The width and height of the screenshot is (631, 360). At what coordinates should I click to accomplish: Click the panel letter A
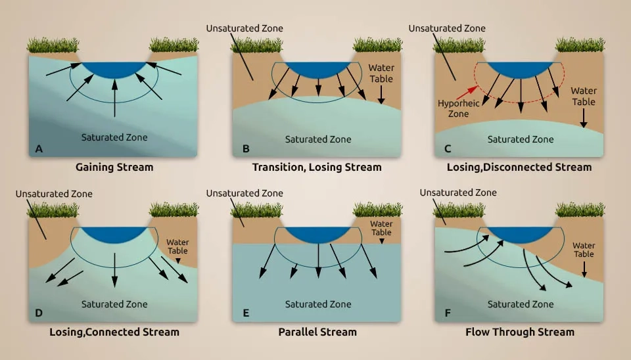(x=39, y=149)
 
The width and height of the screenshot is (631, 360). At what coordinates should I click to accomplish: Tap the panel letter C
(x=448, y=149)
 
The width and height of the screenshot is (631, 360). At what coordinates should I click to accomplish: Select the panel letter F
(x=448, y=313)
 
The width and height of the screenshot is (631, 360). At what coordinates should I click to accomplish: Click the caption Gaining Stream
(x=114, y=168)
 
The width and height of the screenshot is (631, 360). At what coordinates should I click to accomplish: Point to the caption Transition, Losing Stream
(x=317, y=168)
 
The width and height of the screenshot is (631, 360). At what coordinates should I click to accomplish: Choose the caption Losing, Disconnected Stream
(x=519, y=168)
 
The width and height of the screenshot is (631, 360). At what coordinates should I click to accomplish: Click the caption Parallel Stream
(x=317, y=332)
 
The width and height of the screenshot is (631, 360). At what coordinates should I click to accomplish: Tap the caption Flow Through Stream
(x=520, y=332)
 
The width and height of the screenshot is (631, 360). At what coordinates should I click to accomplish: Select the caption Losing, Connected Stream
(x=114, y=332)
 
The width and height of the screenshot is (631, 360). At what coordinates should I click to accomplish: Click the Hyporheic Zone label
(x=458, y=108)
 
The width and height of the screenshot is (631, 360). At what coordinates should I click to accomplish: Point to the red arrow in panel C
(x=467, y=93)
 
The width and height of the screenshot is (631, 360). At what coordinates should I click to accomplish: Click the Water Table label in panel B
(x=381, y=73)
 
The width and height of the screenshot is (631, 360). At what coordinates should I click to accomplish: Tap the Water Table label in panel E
(x=381, y=228)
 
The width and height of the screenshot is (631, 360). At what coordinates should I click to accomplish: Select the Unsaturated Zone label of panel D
(x=54, y=194)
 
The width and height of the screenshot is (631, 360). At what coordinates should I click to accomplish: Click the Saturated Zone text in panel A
(x=114, y=137)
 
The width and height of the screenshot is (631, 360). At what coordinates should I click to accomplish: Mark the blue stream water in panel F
(x=521, y=234)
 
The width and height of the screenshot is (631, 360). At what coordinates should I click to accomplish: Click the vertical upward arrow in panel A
(x=114, y=98)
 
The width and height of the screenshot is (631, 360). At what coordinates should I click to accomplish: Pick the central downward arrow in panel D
(x=114, y=270)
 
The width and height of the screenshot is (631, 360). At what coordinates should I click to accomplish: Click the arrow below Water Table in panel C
(x=584, y=118)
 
